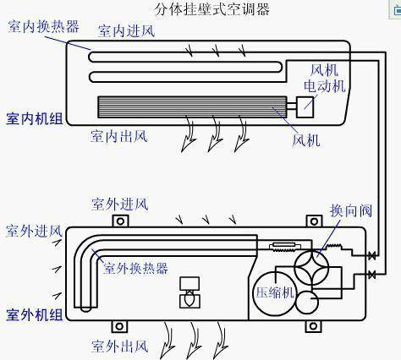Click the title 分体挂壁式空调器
(212, 9)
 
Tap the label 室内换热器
(43, 26)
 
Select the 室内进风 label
(126, 30)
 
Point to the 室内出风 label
(119, 136)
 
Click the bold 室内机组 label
(35, 118)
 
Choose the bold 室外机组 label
(35, 314)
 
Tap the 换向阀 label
(351, 210)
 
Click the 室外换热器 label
(135, 268)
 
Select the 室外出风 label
(120, 346)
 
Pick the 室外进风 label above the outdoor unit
(120, 204)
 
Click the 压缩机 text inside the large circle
(275, 292)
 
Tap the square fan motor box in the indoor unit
(305, 107)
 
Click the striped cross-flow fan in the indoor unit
(192, 107)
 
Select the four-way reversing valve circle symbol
(311, 267)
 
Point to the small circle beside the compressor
(307, 303)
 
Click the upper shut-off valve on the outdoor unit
(372, 256)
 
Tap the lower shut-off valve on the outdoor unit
(372, 274)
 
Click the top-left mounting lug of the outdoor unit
(120, 221)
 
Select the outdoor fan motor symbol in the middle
(190, 292)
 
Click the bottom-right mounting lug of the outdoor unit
(313, 326)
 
